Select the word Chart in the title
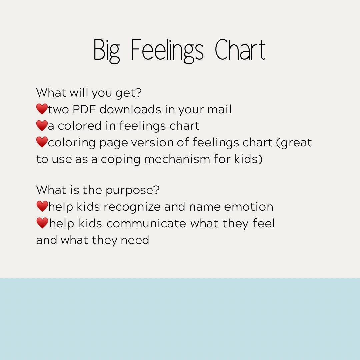pos(240,50)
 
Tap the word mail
pos(219,109)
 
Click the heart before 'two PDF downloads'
pos(42,109)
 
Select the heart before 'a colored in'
pos(42,126)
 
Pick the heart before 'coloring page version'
pos(42,142)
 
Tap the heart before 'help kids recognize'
pos(42,207)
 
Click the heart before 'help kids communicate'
pos(42,223)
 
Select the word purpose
pos(132,191)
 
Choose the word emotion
pos(249,207)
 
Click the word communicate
pos(147,223)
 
